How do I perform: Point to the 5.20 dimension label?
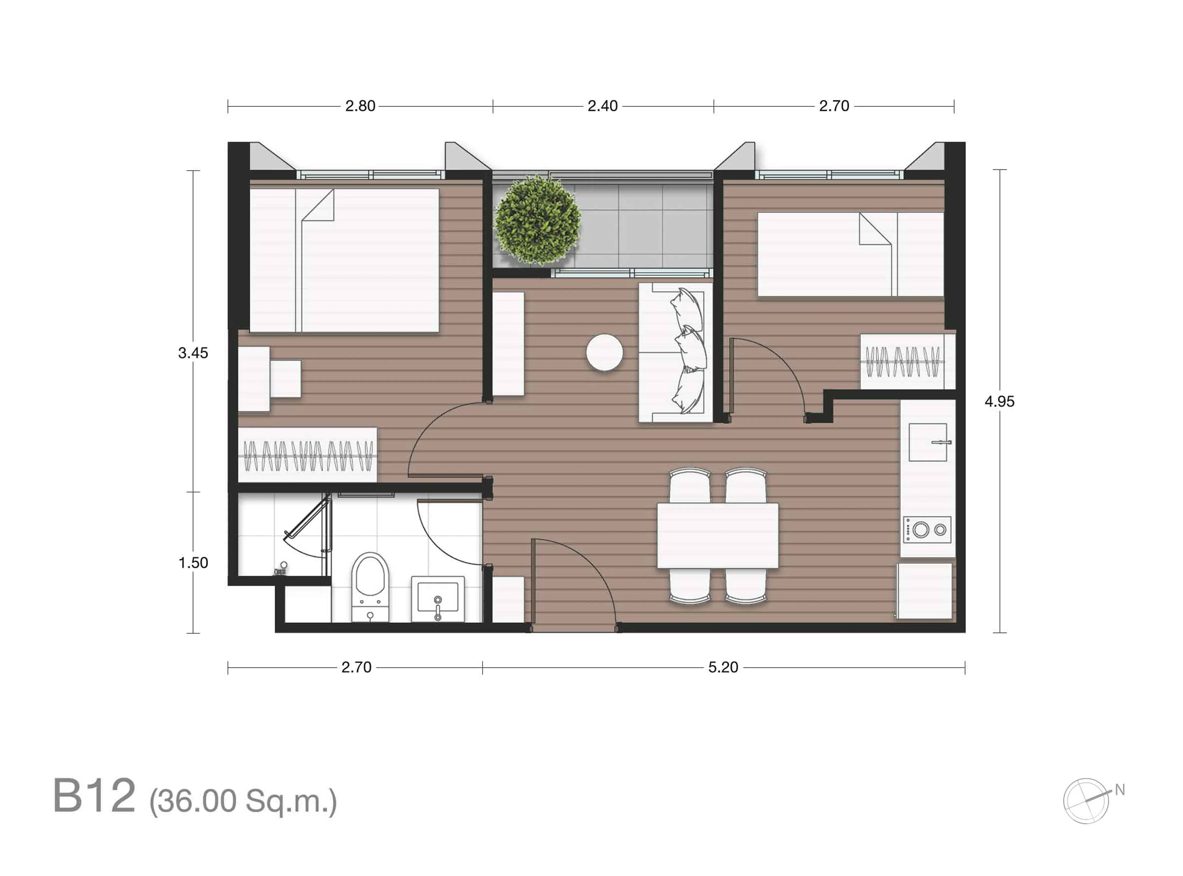(x=723, y=667)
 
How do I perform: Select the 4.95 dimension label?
(x=999, y=401)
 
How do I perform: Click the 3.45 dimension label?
(x=193, y=353)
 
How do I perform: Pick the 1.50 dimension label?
(x=193, y=563)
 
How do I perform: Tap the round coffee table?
(x=604, y=352)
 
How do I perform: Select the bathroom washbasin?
(x=438, y=599)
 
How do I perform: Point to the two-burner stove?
(x=927, y=529)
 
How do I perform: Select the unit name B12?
(x=94, y=795)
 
